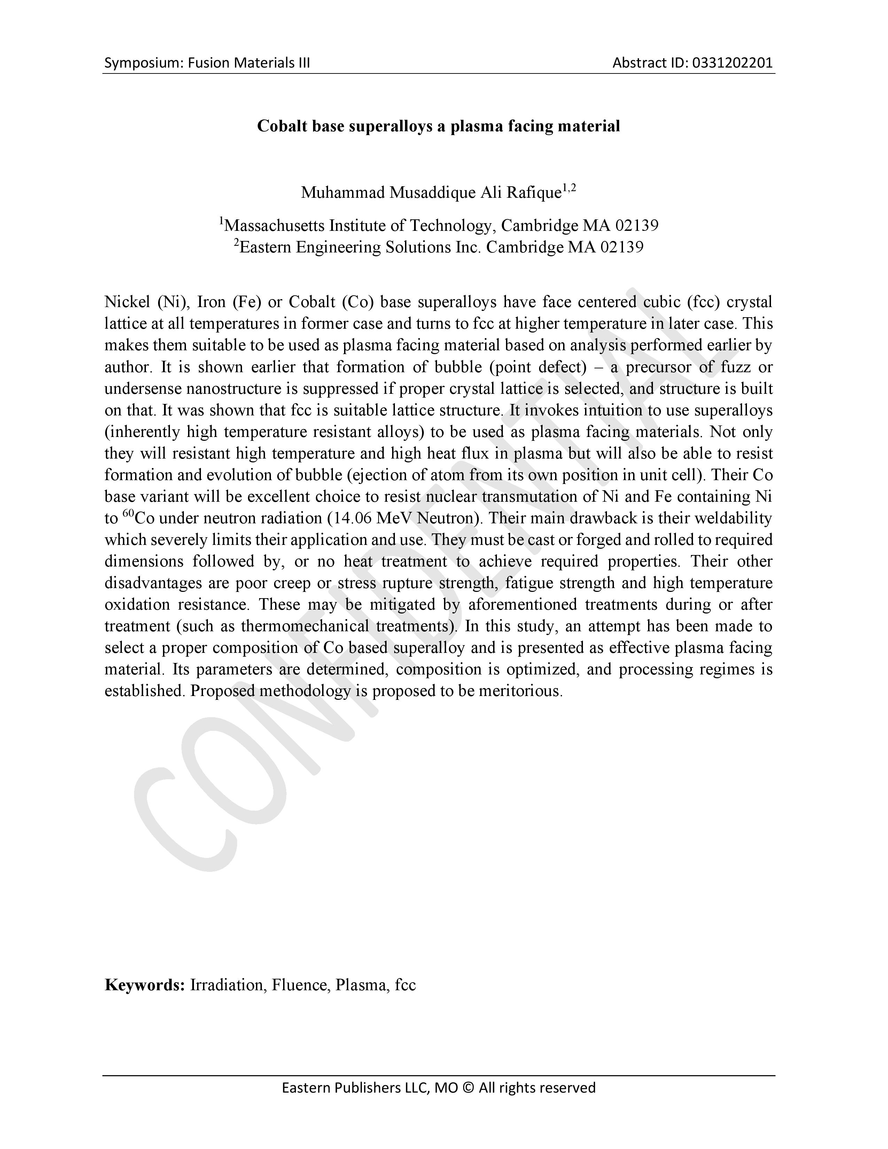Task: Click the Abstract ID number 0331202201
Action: click(732, 63)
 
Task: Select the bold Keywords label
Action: click(144, 985)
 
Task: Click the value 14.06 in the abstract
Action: click(351, 518)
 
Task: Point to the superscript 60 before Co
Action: click(128, 514)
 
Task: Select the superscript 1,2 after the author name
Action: click(569, 188)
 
